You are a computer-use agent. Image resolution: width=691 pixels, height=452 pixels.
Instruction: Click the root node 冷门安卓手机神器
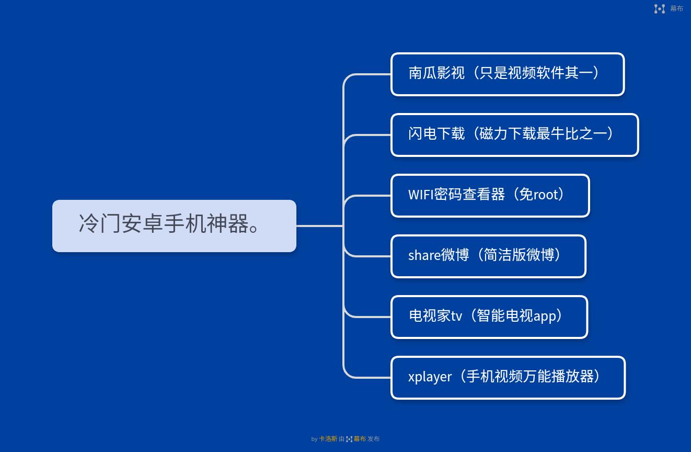pyautogui.click(x=174, y=225)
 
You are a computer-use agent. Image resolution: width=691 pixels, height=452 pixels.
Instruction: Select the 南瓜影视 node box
pyautogui.click(x=507, y=74)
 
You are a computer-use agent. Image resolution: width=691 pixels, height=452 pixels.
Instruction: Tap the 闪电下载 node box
pyautogui.click(x=514, y=135)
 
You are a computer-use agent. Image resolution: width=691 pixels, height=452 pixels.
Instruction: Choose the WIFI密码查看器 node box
pyautogui.click(x=490, y=196)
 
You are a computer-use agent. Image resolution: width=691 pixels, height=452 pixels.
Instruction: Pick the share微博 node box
pyautogui.click(x=488, y=256)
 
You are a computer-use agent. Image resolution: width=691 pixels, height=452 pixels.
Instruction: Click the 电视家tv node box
pyautogui.click(x=489, y=317)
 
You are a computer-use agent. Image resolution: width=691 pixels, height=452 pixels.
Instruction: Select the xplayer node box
pyautogui.click(x=508, y=378)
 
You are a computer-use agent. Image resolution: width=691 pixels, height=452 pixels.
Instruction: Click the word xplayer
pyautogui.click(x=430, y=377)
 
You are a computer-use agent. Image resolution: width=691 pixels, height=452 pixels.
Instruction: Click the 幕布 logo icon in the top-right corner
pyautogui.click(x=660, y=8)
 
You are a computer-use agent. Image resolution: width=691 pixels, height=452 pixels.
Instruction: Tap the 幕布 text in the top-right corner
pyautogui.click(x=676, y=8)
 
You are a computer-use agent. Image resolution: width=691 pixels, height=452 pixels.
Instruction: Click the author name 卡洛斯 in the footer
pyautogui.click(x=328, y=439)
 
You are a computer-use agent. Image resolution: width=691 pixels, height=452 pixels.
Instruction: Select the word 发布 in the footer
pyautogui.click(x=373, y=439)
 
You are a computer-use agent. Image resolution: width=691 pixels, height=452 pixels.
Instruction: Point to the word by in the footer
pyautogui.click(x=314, y=439)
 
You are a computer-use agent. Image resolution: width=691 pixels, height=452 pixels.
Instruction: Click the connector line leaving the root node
pyautogui.click(x=319, y=226)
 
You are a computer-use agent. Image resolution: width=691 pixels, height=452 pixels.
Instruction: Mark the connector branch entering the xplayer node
pyautogui.click(x=368, y=377)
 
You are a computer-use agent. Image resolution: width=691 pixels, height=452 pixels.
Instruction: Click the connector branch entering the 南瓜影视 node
pyautogui.click(x=368, y=74)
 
